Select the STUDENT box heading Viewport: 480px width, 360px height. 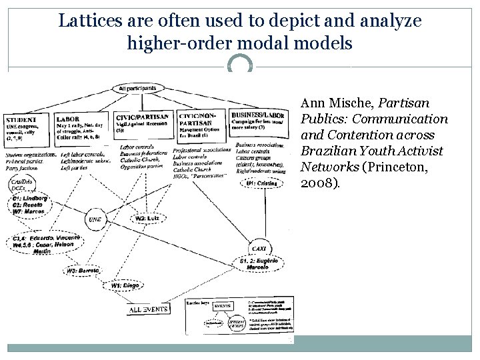[22, 119]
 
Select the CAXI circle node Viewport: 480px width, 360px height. [258, 249]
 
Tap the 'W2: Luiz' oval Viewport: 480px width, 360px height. [149, 218]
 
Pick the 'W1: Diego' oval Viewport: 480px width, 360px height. [125, 286]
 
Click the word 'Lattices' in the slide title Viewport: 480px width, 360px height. [86, 21]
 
